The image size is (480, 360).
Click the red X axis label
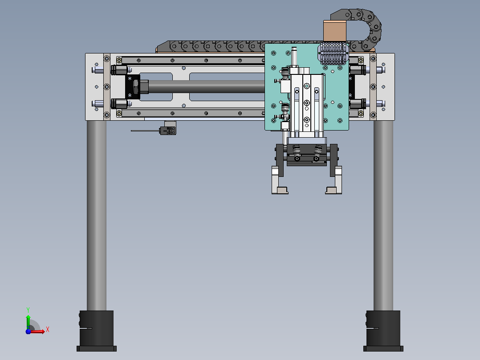click(48, 330)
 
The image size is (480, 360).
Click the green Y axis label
click(28, 310)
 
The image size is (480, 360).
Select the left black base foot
click(97, 331)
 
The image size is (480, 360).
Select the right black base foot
click(383, 331)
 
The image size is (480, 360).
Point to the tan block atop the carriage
click(334, 31)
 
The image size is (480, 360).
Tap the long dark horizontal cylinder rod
click(207, 87)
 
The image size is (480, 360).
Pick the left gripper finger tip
click(280, 190)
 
